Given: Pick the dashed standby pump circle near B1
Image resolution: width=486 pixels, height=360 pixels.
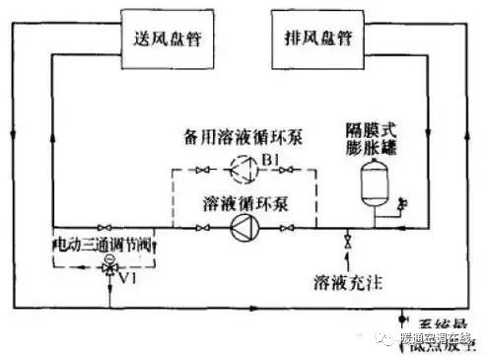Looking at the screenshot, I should point(242,170).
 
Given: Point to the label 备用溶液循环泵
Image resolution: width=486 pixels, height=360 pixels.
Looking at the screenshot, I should point(243,134).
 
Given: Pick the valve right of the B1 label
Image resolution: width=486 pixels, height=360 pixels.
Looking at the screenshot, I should point(287,170).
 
